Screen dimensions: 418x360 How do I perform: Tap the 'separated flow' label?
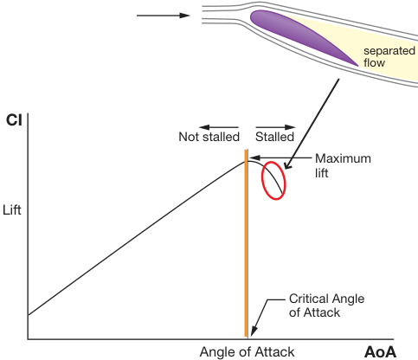[389, 56]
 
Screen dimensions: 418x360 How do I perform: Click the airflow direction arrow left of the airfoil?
[164, 16]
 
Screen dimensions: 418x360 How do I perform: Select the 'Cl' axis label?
[14, 120]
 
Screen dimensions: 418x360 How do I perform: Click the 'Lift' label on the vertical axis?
[12, 209]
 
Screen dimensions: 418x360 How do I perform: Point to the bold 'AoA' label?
[380, 352]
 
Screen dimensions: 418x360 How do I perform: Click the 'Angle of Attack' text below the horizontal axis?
[247, 352]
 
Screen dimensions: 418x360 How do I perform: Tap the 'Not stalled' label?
[209, 137]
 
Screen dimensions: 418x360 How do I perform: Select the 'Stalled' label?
[274, 137]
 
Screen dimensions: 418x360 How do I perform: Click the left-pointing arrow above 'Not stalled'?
[219, 127]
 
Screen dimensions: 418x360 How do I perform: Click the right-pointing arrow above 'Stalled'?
[275, 127]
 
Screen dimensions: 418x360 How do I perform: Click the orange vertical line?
[246, 243]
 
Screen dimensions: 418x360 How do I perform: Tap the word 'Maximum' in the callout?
[343, 158]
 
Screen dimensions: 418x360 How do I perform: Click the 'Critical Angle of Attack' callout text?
[326, 305]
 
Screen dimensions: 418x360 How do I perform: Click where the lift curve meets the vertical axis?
[28, 315]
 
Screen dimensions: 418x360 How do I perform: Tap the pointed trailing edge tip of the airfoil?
[358, 66]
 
